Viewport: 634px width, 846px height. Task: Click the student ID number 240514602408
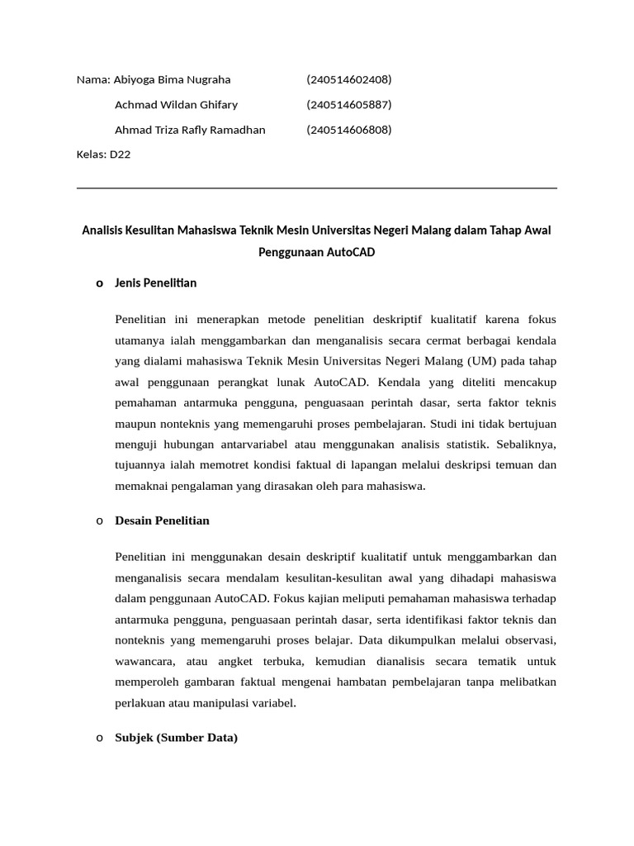click(x=348, y=80)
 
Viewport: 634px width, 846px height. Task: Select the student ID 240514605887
click(x=348, y=105)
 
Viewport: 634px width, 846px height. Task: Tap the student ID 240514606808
click(x=348, y=130)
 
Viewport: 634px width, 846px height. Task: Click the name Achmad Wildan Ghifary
click(x=176, y=105)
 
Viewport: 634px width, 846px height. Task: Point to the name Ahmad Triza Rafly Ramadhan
click(x=190, y=130)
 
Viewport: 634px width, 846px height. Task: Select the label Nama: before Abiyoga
click(x=93, y=80)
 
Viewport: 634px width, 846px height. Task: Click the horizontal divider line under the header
click(x=316, y=188)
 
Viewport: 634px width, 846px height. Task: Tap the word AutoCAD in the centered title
click(x=351, y=252)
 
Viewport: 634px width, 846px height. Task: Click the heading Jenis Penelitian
click(x=155, y=283)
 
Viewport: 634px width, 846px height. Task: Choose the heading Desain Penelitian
click(x=162, y=521)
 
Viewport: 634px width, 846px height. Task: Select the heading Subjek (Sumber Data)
click(x=176, y=738)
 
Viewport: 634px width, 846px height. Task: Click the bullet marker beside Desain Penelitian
click(x=99, y=521)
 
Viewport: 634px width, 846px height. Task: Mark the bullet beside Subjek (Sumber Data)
click(x=99, y=738)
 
